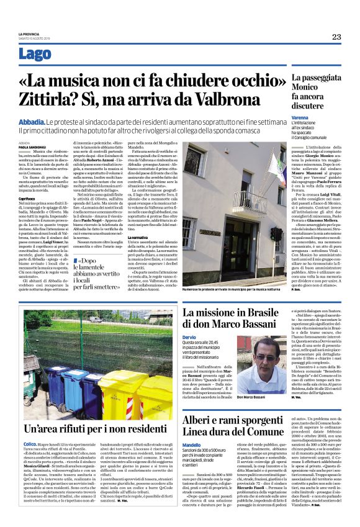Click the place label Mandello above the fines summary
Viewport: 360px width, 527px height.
coord(192,445)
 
